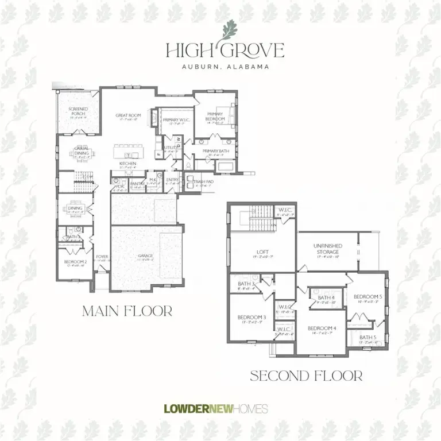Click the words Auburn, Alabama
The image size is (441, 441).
pyautogui.click(x=225, y=67)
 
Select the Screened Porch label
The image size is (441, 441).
pyautogui.click(x=78, y=111)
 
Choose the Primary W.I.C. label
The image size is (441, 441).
pyautogui.click(x=175, y=120)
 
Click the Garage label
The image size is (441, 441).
pyautogui.click(x=145, y=256)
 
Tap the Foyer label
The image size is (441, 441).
pyautogui.click(x=102, y=257)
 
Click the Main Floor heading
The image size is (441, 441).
pyautogui.click(x=127, y=311)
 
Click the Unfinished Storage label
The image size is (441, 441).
pyautogui.click(x=328, y=249)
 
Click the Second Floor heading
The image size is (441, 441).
pyautogui.click(x=306, y=376)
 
